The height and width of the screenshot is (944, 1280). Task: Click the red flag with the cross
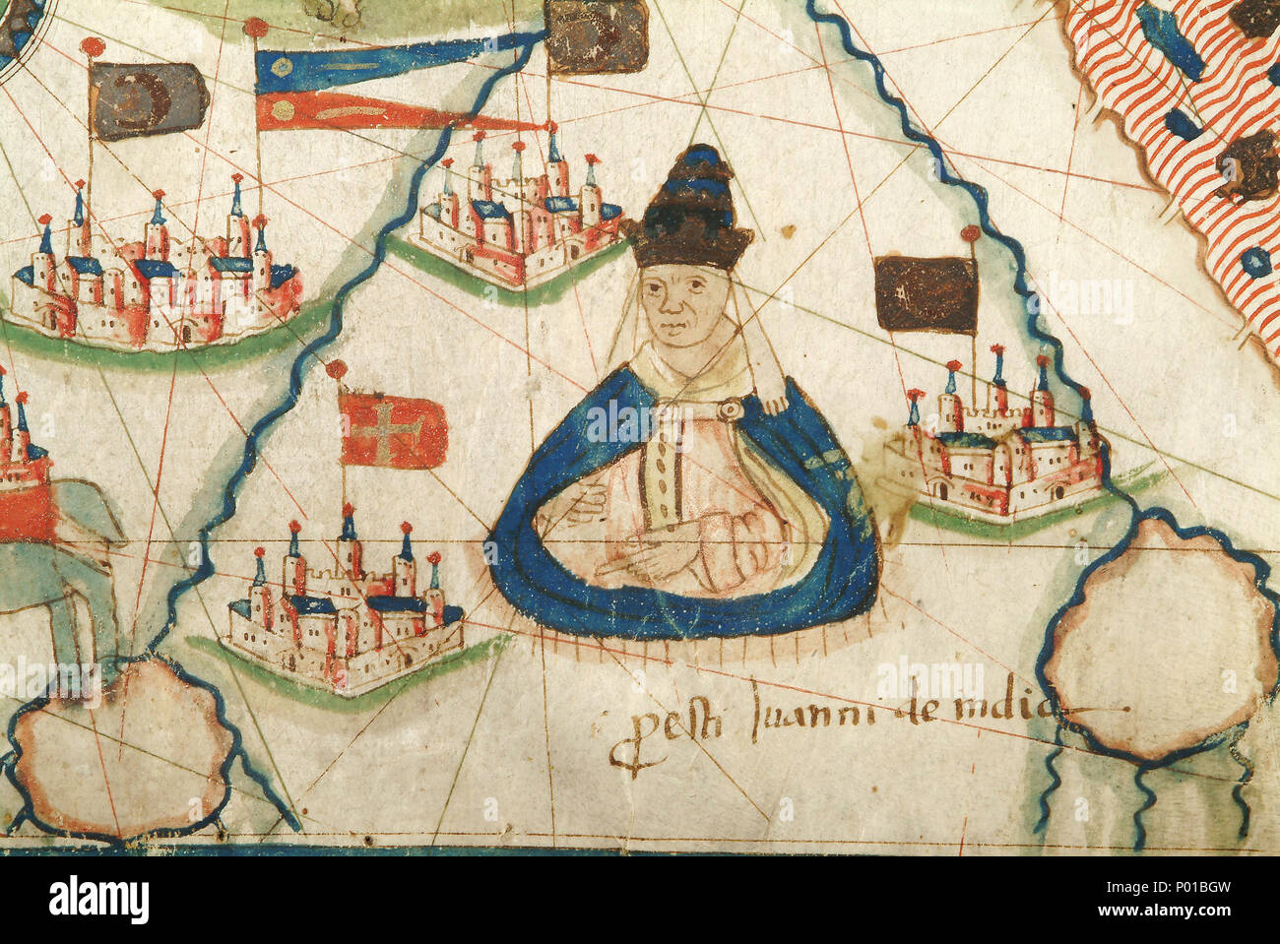[x=393, y=428]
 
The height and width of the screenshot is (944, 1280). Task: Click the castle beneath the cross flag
[x=345, y=610]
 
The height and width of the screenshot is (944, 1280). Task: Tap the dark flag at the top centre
[x=595, y=37]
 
